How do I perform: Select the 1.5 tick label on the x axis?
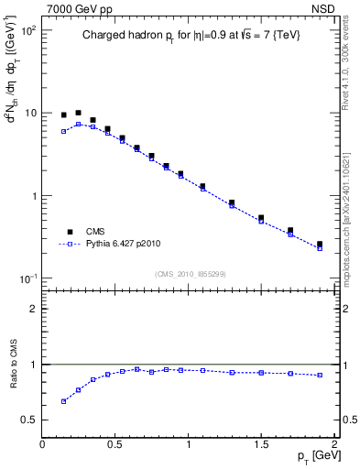click(261, 443)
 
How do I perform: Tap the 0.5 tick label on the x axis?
click(115, 443)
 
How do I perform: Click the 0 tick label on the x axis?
click(42, 443)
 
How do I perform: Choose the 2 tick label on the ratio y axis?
click(33, 309)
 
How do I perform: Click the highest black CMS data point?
click(78, 113)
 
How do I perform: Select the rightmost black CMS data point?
click(319, 245)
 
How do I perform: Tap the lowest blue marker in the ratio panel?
click(63, 401)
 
